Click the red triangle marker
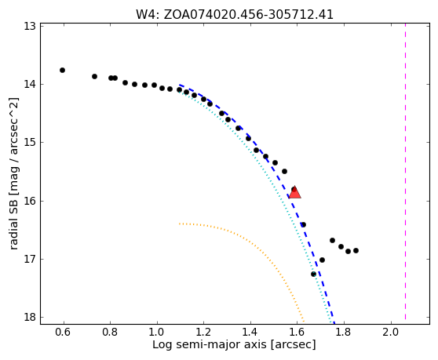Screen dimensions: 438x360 pos(295,193)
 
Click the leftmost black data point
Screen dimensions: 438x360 pos(62,70)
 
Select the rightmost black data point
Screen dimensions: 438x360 pos(356,251)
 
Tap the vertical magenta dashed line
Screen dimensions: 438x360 pos(405,172)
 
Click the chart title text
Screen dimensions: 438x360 pos(235,15)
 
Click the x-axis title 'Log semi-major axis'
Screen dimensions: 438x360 pos(210,344)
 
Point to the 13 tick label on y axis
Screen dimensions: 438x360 pos(30,26)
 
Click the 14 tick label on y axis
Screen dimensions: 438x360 pos(30,84)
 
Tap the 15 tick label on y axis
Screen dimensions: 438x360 pos(30,143)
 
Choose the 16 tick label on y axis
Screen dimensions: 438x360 pos(30,201)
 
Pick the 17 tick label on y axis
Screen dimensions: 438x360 pos(30,260)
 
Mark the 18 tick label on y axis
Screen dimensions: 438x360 pos(30,318)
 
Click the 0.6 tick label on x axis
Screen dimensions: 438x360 pos(64,332)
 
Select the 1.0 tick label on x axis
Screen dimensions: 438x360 pos(157,332)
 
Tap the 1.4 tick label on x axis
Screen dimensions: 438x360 pos(250,332)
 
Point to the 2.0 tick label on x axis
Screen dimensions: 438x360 pos(391,332)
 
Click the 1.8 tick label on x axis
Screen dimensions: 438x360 pos(344,332)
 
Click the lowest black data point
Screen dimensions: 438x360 pos(313,274)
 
